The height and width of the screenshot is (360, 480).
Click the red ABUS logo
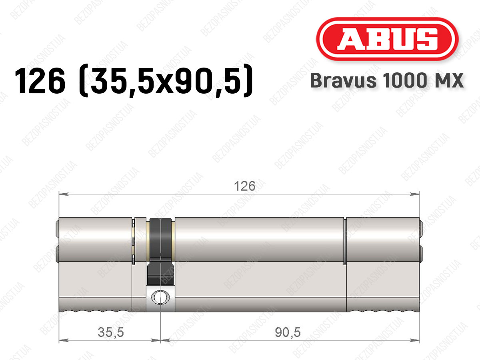387,39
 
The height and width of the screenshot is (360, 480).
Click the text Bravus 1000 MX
387,81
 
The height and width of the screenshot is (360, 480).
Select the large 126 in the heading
40,80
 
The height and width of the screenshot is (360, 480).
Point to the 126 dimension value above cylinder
244,186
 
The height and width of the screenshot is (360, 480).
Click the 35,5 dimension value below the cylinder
111,332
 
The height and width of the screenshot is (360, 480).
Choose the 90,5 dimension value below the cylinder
288,332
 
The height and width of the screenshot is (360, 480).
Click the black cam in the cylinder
160,251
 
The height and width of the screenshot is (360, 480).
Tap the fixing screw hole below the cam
160,298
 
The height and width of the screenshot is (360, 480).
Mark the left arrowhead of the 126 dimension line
64,194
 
